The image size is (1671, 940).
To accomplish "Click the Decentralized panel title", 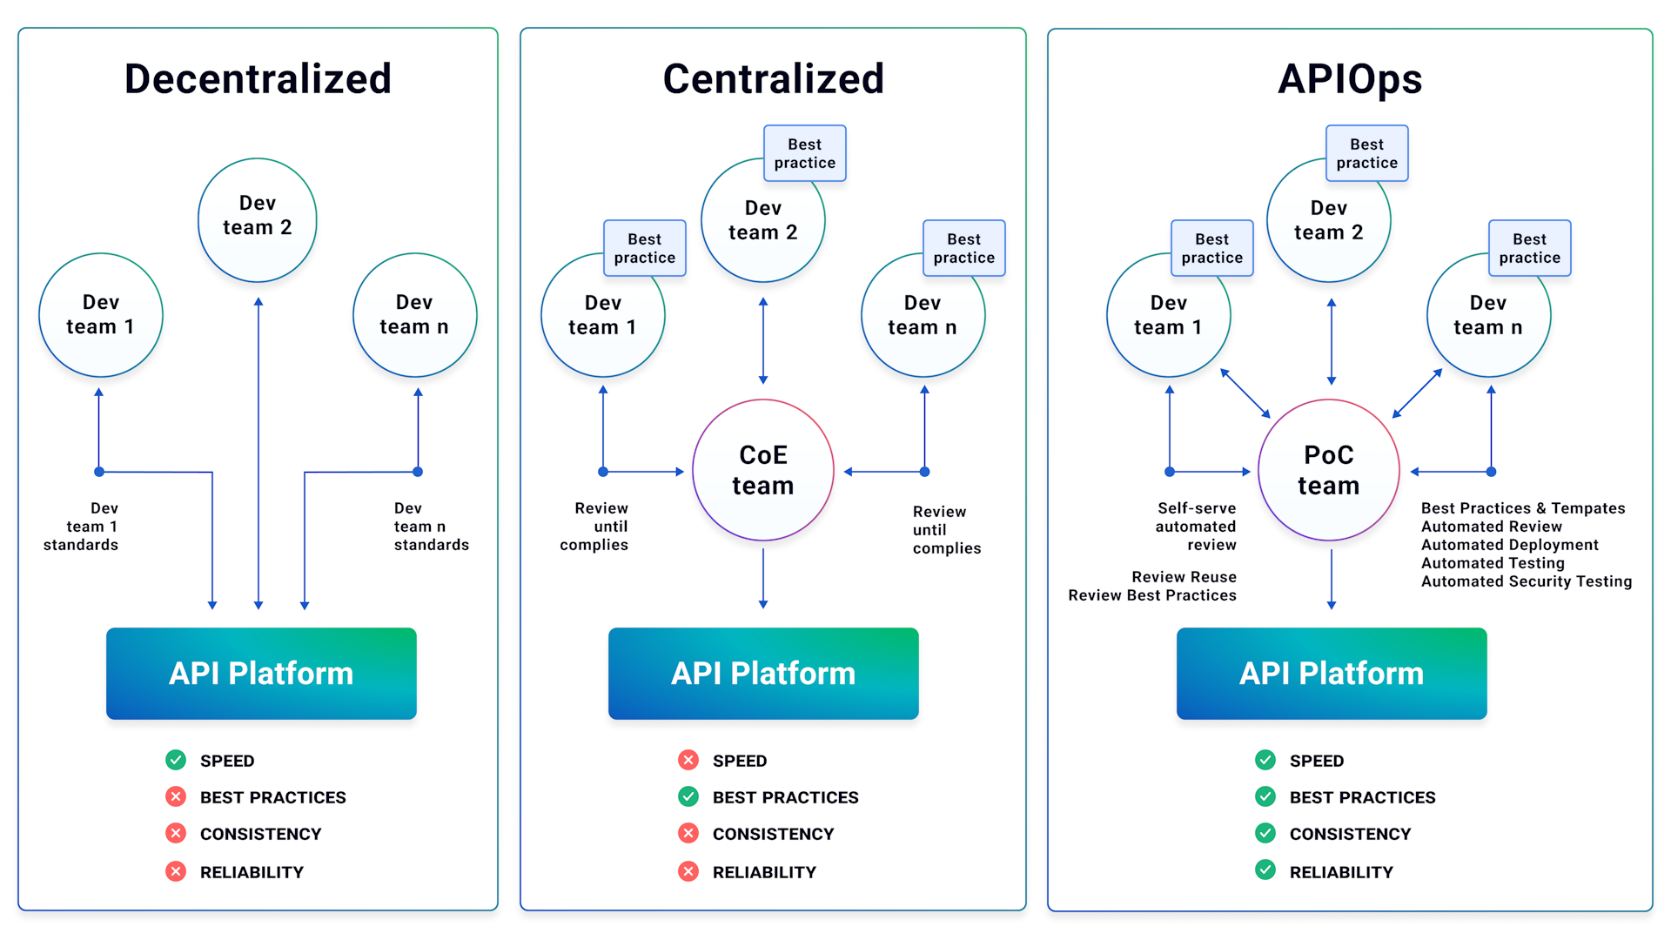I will pos(258,78).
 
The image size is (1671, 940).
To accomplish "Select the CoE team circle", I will pos(762,470).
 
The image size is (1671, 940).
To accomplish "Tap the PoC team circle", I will pos(1328,470).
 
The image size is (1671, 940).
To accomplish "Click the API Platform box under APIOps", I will pos(1331,673).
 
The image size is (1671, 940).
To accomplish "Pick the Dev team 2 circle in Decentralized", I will pos(258,219).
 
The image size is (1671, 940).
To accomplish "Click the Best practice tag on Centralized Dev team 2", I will pos(804,153).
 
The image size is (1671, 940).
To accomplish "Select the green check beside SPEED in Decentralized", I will pos(176,760).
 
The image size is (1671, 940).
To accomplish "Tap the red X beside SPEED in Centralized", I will pos(688,760).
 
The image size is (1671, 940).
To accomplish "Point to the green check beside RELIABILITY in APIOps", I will pos(1265,870).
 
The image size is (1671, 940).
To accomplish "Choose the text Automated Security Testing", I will pos(1526,581).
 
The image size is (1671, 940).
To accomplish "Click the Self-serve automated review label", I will pos(1197,527).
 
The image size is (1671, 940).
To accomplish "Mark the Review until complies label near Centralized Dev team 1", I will pos(596,527).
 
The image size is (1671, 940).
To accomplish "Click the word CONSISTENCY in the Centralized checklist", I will pos(773,834).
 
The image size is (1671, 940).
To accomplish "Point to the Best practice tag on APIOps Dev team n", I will pos(1529,248).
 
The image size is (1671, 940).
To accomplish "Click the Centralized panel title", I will pos(773,78).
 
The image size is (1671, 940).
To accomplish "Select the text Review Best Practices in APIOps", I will pos(1151,595).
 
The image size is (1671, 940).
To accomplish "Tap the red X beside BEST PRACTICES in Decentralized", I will pos(176,796).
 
